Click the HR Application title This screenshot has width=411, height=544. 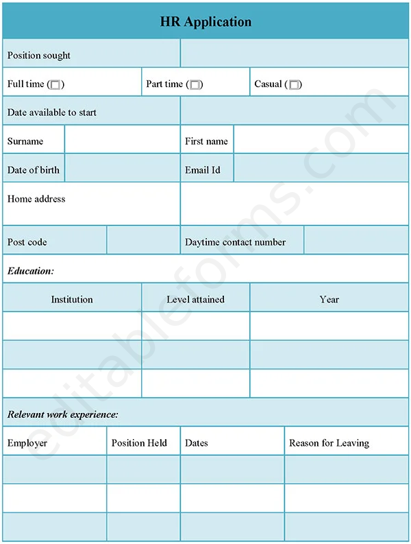(206, 22)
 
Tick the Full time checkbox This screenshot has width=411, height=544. (55, 85)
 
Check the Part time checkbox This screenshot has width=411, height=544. (195, 85)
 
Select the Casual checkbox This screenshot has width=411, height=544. (294, 85)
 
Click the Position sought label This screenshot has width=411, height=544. (39, 56)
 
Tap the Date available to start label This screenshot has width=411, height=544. (52, 113)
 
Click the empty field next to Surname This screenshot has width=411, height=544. (122, 141)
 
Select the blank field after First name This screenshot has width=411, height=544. (321, 141)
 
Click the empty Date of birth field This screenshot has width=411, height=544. (122, 170)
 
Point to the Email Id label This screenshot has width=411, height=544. (203, 170)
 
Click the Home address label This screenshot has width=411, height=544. (36, 199)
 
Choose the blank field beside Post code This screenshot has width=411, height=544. (143, 242)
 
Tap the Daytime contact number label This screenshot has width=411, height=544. (235, 242)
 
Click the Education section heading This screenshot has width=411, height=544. (31, 271)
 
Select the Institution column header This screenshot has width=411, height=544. (72, 300)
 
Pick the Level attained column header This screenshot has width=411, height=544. (195, 300)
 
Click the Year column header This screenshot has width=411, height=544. (329, 300)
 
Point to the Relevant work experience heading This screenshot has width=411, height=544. (63, 414)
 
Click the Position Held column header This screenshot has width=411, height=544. (139, 443)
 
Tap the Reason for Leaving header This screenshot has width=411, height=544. (329, 443)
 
